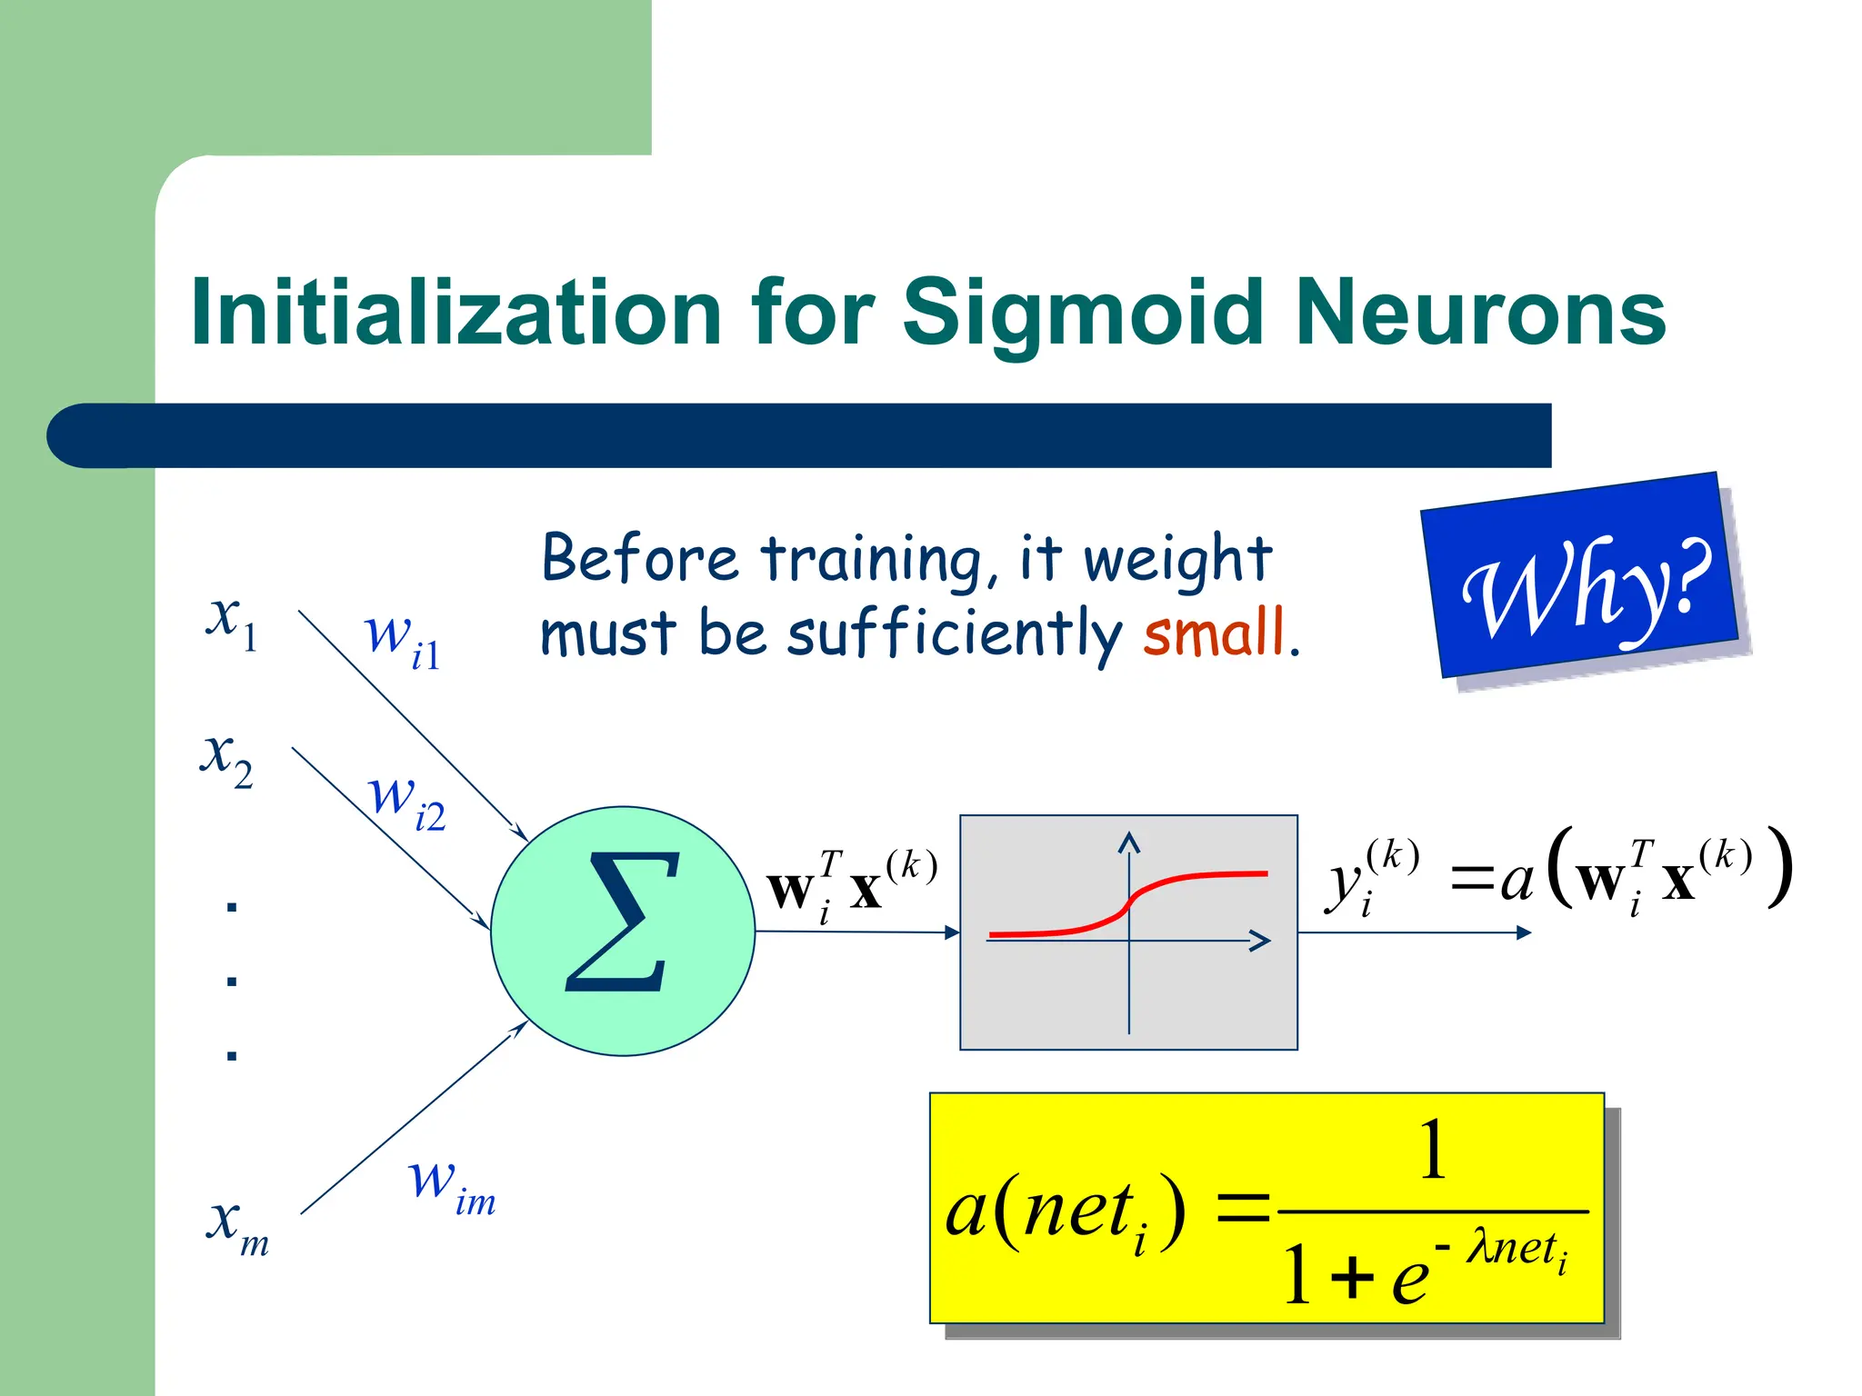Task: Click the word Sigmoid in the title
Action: (1082, 314)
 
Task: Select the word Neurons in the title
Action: (1479, 314)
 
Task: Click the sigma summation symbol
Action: (623, 922)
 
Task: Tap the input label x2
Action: (226, 759)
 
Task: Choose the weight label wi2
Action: (405, 801)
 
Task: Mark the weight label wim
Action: (451, 1186)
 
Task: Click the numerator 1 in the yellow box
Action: (1433, 1150)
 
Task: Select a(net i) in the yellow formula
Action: (1064, 1213)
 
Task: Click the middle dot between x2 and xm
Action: (232, 981)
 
